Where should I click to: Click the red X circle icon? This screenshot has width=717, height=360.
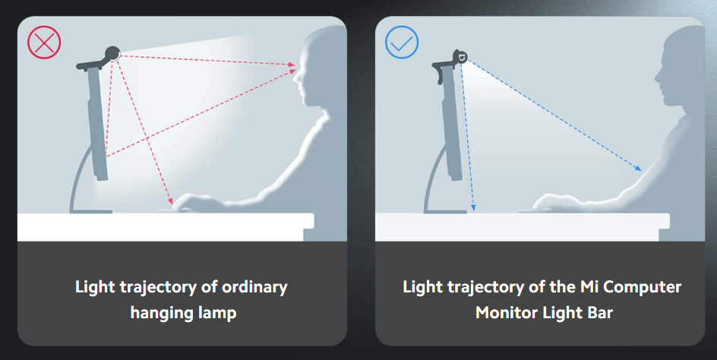coord(44,42)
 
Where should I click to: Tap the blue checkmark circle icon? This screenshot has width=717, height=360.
coord(402,42)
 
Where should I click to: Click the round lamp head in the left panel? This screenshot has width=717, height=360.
coord(112,54)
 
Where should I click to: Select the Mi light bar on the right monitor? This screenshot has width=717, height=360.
coord(460,57)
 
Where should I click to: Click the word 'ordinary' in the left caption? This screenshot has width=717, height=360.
coord(254,288)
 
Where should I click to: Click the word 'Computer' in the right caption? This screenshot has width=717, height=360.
coord(643,288)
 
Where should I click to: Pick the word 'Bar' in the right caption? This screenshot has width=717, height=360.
coord(599,313)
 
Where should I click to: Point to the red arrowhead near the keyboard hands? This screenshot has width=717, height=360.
coord(170,201)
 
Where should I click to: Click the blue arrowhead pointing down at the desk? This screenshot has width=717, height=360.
coord(473,207)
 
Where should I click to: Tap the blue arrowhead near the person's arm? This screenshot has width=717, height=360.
coord(638,169)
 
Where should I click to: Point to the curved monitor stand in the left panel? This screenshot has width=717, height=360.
coord(77,178)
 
